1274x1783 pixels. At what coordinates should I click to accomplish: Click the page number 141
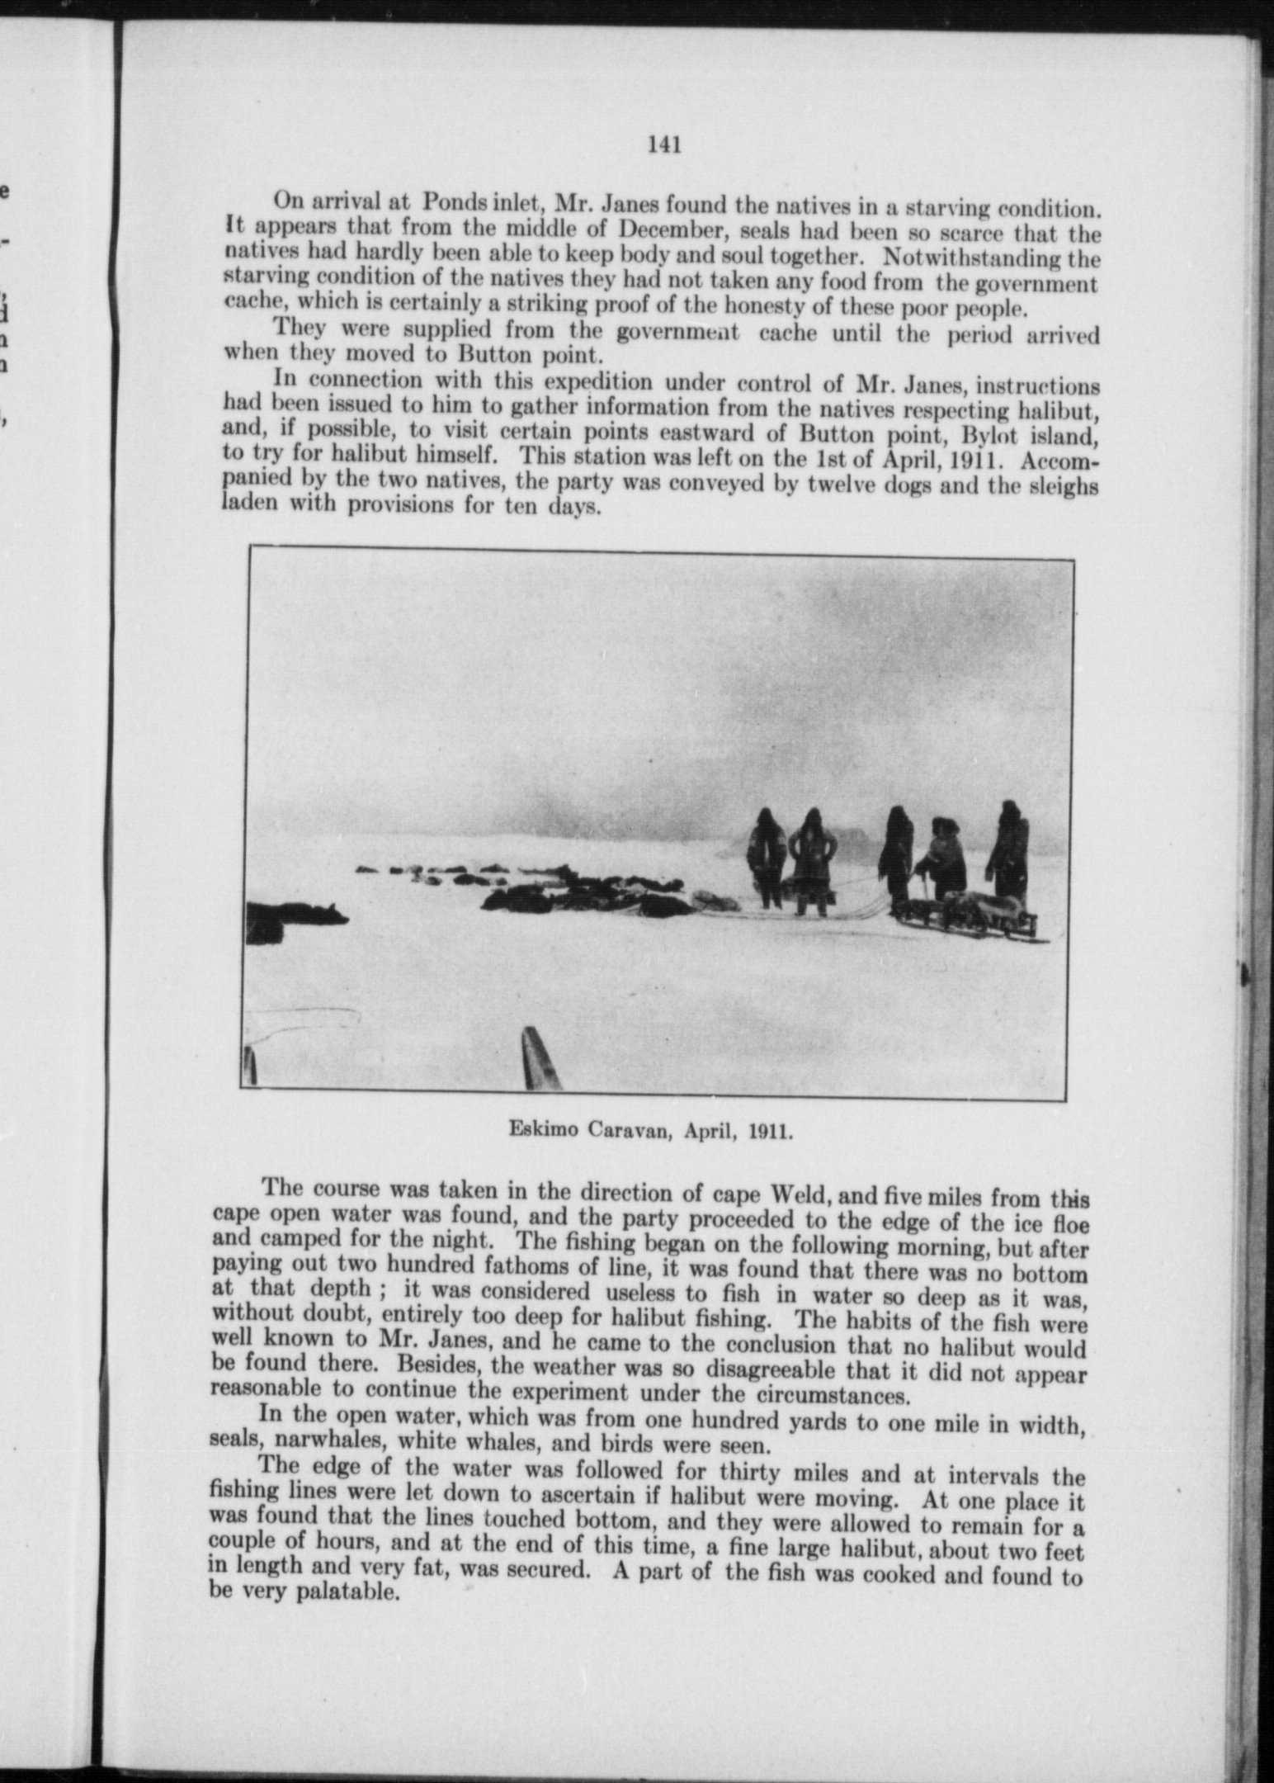[x=664, y=145]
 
